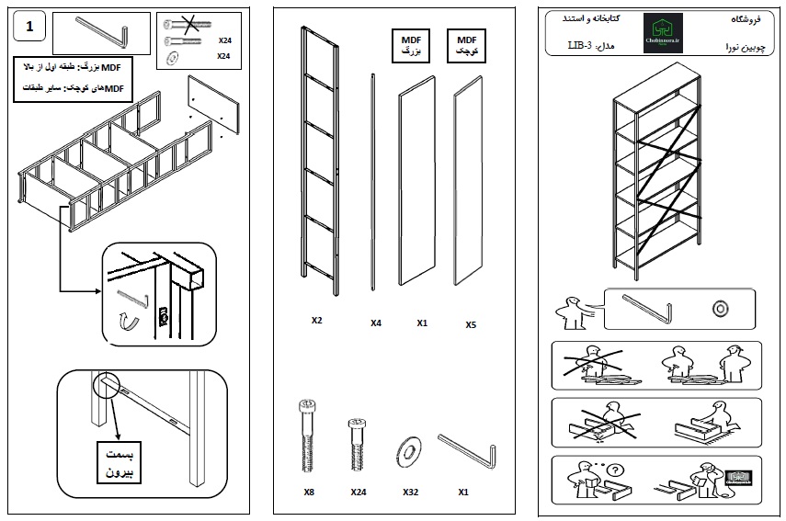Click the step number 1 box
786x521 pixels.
point(30,27)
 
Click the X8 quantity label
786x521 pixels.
point(309,493)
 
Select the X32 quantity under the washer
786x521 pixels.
point(410,493)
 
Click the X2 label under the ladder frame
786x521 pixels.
point(316,321)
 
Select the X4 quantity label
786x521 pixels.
point(376,323)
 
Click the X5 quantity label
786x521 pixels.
point(471,324)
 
